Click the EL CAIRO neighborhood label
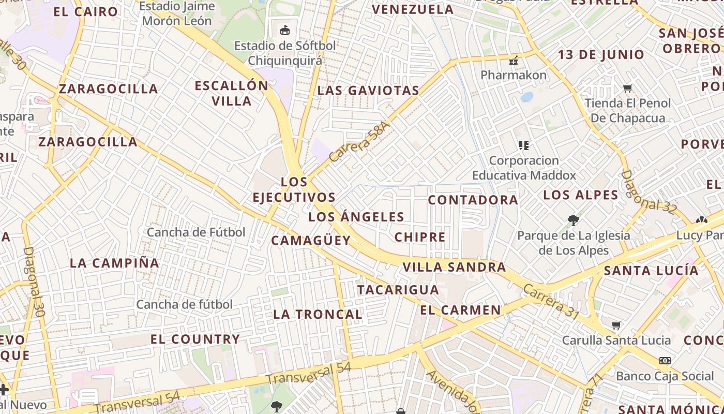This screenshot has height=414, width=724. [x=85, y=11]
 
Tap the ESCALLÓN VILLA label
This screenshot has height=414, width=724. [x=232, y=93]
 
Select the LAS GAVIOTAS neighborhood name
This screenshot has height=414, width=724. [x=368, y=91]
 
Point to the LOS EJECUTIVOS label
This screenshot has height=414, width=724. [x=294, y=189]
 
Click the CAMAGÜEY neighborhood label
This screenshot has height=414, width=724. [x=311, y=241]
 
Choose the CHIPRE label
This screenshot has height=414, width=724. [x=420, y=238]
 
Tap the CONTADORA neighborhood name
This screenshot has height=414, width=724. [x=473, y=200]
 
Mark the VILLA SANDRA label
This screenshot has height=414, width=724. [x=454, y=267]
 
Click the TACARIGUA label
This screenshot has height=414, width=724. [x=398, y=290]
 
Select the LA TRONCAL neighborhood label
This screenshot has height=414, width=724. [x=318, y=314]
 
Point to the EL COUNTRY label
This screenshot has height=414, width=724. [x=195, y=339]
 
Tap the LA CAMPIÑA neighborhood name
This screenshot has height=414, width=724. [x=114, y=263]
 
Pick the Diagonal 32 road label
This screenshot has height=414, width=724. [x=648, y=192]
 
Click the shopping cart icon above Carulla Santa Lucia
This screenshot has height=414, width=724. [x=616, y=326]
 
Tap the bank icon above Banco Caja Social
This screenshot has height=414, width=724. [x=665, y=361]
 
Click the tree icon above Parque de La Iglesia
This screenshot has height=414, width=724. [x=573, y=220]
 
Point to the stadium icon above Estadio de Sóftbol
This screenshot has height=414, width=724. [x=284, y=30]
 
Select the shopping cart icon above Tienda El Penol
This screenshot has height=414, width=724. [x=628, y=88]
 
